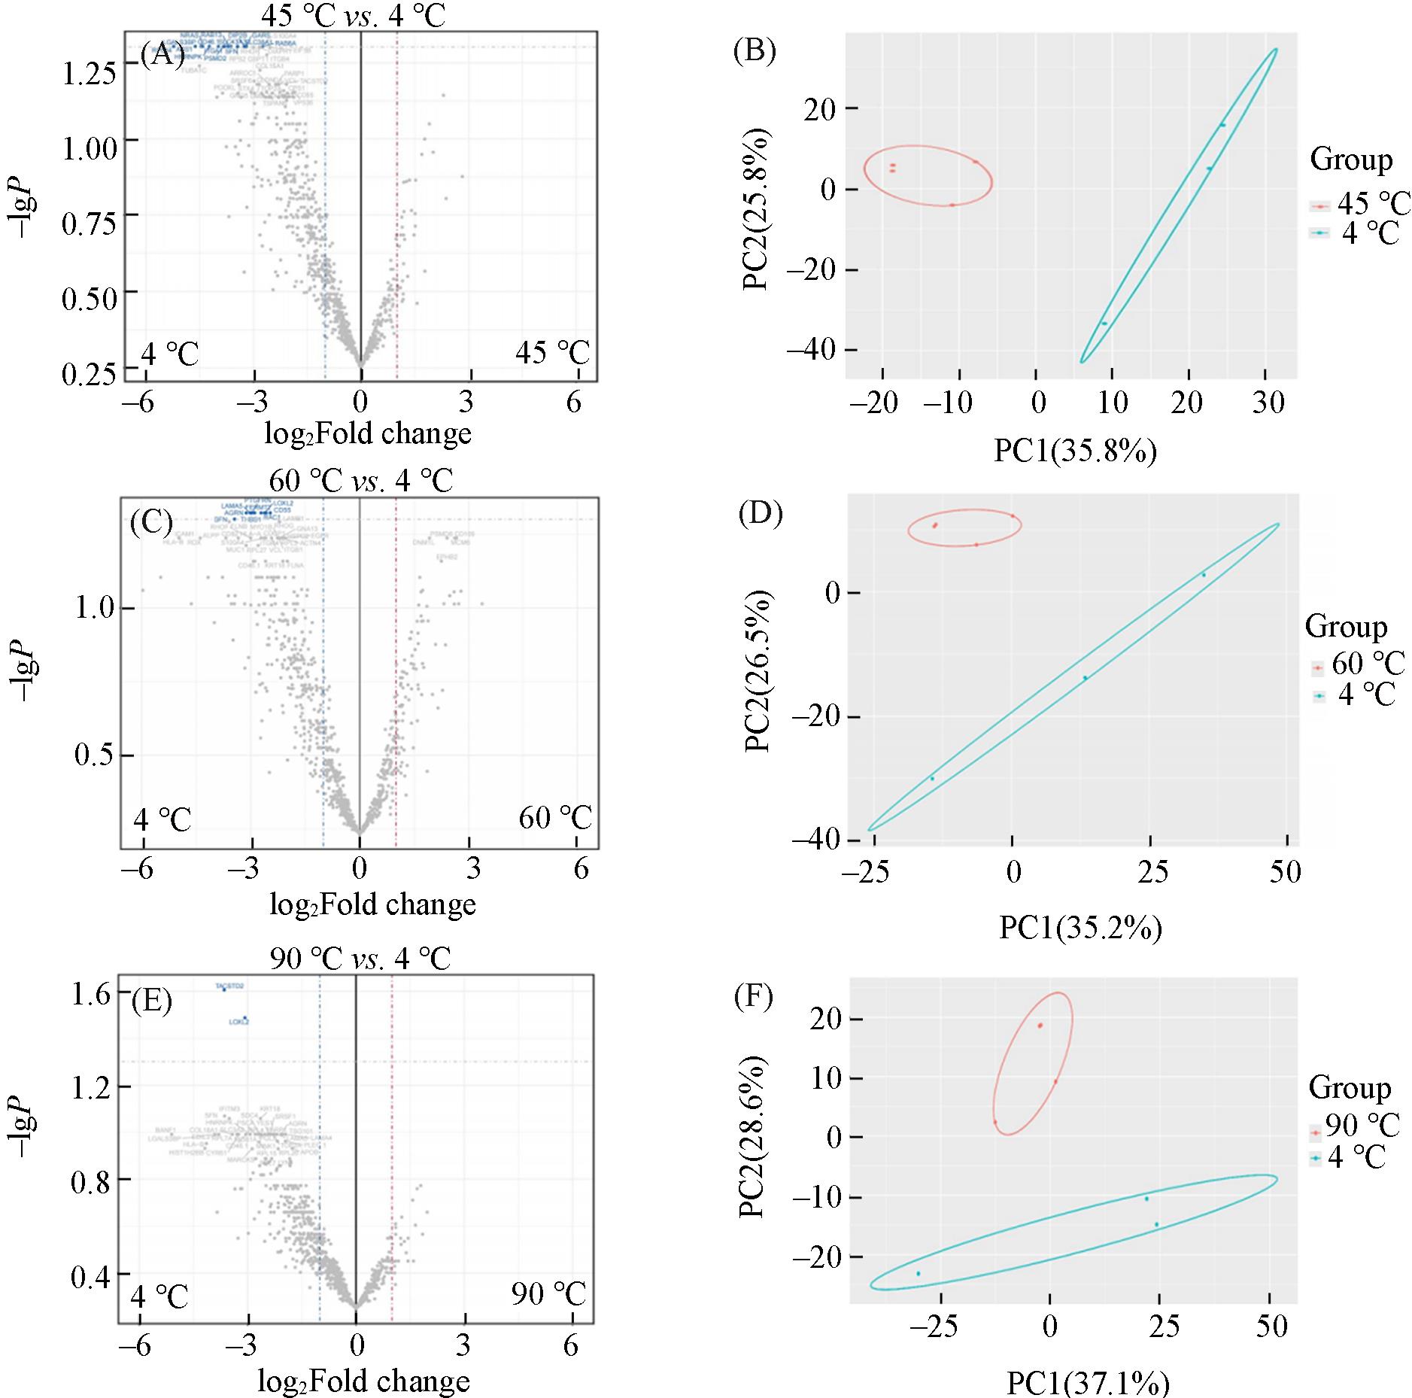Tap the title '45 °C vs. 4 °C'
coord(353,16)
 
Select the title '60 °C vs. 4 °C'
coord(361,479)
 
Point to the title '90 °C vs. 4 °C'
coord(360,958)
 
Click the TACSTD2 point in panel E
coord(224,989)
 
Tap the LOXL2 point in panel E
coord(245,1018)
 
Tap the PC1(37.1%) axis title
coord(1087,1383)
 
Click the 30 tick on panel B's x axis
coord(1268,403)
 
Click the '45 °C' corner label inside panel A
coord(552,352)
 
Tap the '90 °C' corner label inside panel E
coord(548,1294)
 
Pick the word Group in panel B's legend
coord(1351,160)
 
